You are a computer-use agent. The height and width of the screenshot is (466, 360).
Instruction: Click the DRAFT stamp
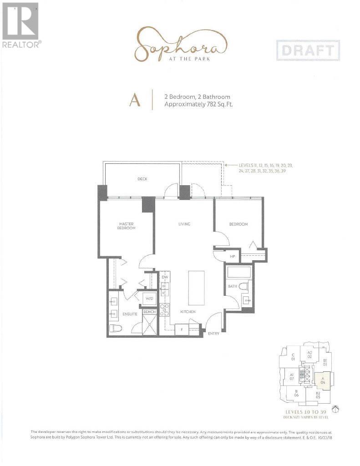point(308,51)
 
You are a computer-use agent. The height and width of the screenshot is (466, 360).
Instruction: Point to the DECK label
point(142,179)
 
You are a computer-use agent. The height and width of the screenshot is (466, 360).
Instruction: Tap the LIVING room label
point(184,224)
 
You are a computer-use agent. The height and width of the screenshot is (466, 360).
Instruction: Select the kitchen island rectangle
point(197,287)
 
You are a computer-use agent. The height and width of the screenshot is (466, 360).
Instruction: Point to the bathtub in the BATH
point(238,273)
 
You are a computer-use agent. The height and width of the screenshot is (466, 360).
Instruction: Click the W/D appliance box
point(149,299)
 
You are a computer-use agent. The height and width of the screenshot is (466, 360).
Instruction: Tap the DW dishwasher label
point(165,277)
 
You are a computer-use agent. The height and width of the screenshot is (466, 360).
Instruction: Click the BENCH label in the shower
point(149,312)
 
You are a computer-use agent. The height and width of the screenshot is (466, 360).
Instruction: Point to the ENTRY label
point(213,334)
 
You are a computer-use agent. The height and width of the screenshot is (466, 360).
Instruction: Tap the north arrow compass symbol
point(335,409)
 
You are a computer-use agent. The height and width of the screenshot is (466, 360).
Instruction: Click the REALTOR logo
point(21,25)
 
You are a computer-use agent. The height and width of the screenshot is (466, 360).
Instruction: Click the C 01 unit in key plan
point(294,356)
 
